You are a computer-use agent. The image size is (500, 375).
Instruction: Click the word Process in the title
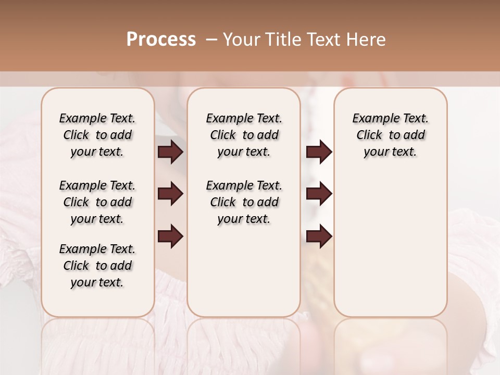click(161, 40)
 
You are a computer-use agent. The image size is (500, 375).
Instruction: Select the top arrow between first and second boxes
click(170, 152)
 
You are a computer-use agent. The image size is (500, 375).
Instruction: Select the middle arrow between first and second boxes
click(170, 194)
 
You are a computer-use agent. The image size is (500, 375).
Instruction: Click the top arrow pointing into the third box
click(319, 152)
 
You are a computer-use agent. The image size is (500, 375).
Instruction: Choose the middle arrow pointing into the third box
click(319, 194)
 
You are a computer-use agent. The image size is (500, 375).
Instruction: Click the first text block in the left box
click(97, 135)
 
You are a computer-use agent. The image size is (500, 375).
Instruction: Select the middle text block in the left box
click(97, 202)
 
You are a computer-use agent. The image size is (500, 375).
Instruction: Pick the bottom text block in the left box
click(97, 266)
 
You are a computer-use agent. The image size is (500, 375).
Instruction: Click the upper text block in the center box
click(244, 135)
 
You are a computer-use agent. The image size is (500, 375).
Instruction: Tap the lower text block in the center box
click(244, 202)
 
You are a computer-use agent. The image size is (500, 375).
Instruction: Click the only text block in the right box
click(390, 135)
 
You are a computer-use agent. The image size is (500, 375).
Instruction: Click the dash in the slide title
click(211, 40)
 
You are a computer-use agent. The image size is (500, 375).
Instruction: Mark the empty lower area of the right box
click(390, 245)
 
